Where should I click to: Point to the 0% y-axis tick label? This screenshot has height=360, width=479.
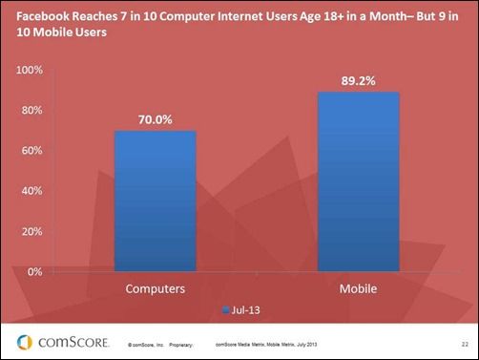tap(33, 271)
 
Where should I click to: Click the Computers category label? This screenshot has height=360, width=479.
tap(155, 287)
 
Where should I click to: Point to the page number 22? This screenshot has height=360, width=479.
tap(463, 342)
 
